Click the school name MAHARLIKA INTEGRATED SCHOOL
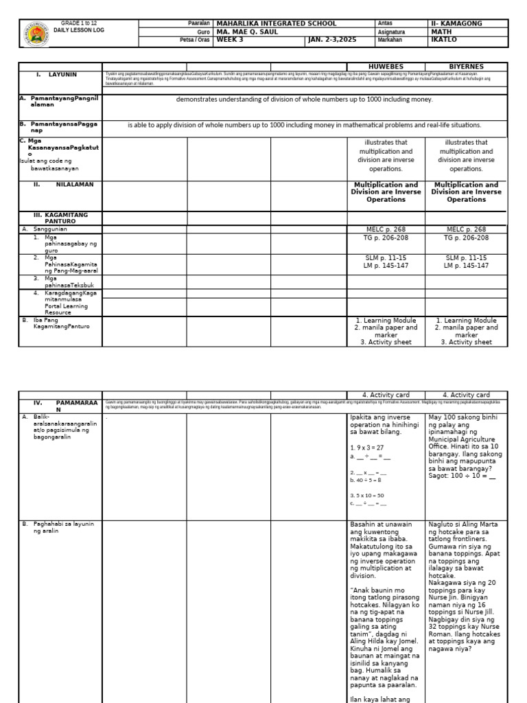pyautogui.click(x=277, y=23)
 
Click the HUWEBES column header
pyautogui.click(x=386, y=67)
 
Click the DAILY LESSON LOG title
pyautogui.click(x=79, y=30)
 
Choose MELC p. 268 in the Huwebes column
pyautogui.click(x=386, y=229)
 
